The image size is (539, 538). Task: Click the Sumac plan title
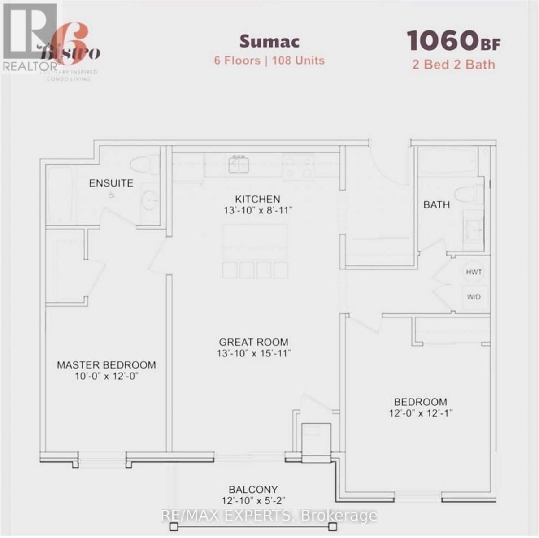click(x=269, y=41)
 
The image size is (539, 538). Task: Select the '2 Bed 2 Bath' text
click(x=453, y=65)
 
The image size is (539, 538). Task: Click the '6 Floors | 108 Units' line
click(x=269, y=61)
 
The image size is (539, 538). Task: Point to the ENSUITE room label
click(x=111, y=183)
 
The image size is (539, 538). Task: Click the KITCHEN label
click(x=257, y=199)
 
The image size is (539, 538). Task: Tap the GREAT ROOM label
click(x=254, y=342)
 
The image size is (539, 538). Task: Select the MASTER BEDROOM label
click(x=106, y=365)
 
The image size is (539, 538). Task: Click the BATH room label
click(x=436, y=205)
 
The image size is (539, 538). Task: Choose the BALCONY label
click(x=253, y=490)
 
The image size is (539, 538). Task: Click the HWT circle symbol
click(x=474, y=272)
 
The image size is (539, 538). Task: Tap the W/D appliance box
click(x=474, y=297)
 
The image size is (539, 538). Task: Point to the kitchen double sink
click(x=239, y=165)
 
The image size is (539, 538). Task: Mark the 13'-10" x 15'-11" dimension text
click(x=254, y=353)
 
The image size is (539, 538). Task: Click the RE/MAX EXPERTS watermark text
click(x=269, y=516)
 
